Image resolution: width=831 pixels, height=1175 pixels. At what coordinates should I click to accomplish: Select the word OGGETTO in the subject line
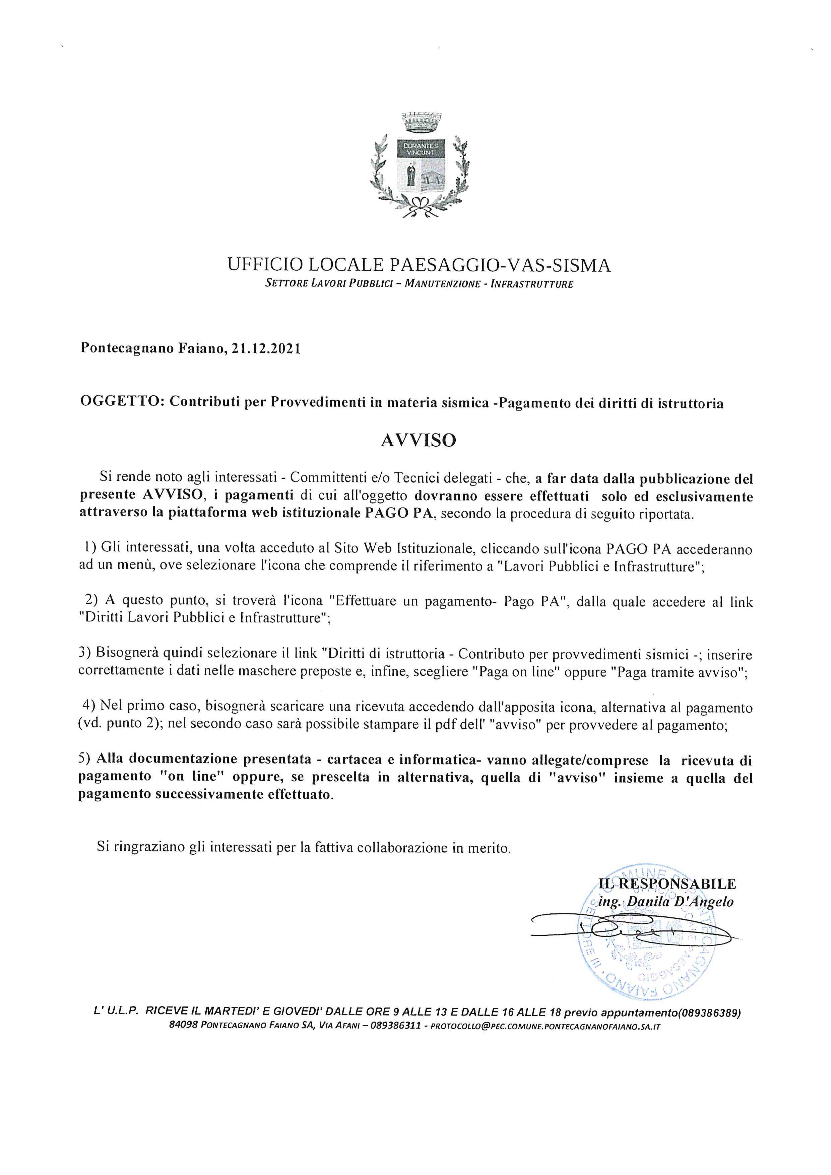[x=121, y=403]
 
